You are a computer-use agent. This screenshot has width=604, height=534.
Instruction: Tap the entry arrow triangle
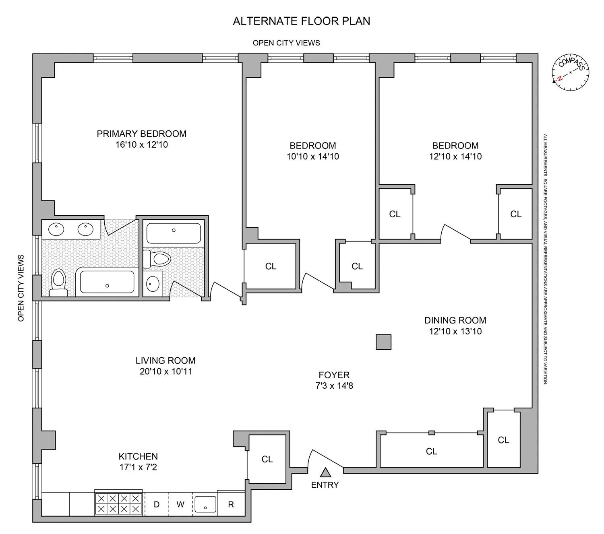tap(325, 472)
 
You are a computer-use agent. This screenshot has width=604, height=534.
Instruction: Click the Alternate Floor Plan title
tap(302, 21)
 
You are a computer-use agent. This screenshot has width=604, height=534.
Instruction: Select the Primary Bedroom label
tap(141, 134)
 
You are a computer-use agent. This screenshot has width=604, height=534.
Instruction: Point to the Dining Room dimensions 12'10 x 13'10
tap(455, 332)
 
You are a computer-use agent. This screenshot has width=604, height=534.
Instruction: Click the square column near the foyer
tap(383, 342)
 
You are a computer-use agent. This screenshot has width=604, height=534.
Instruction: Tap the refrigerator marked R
tap(231, 504)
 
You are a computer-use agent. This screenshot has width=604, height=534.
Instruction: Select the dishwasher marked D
tap(157, 504)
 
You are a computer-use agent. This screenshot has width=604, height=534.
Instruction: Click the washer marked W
tap(180, 504)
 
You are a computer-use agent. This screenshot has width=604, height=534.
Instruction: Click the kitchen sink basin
tap(205, 504)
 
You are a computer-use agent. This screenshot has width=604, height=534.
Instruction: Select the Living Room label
tap(165, 361)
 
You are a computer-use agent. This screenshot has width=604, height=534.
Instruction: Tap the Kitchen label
tap(138, 456)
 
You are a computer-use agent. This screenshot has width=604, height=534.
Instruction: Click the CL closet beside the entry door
tap(267, 459)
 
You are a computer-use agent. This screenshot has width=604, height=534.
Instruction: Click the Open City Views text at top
tap(286, 43)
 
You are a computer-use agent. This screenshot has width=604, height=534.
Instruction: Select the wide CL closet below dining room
tap(431, 452)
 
